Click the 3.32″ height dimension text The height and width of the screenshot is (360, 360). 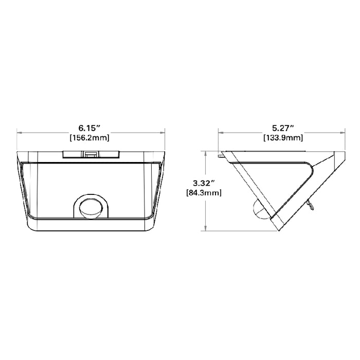pyautogui.click(x=202, y=183)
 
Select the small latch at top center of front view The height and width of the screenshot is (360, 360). pyautogui.click(x=91, y=154)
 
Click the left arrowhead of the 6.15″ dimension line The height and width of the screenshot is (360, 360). pyautogui.click(x=19, y=132)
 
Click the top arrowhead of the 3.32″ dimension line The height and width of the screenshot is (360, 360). pyautogui.click(x=206, y=153)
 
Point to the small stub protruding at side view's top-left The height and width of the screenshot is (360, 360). pyautogui.click(x=222, y=153)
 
